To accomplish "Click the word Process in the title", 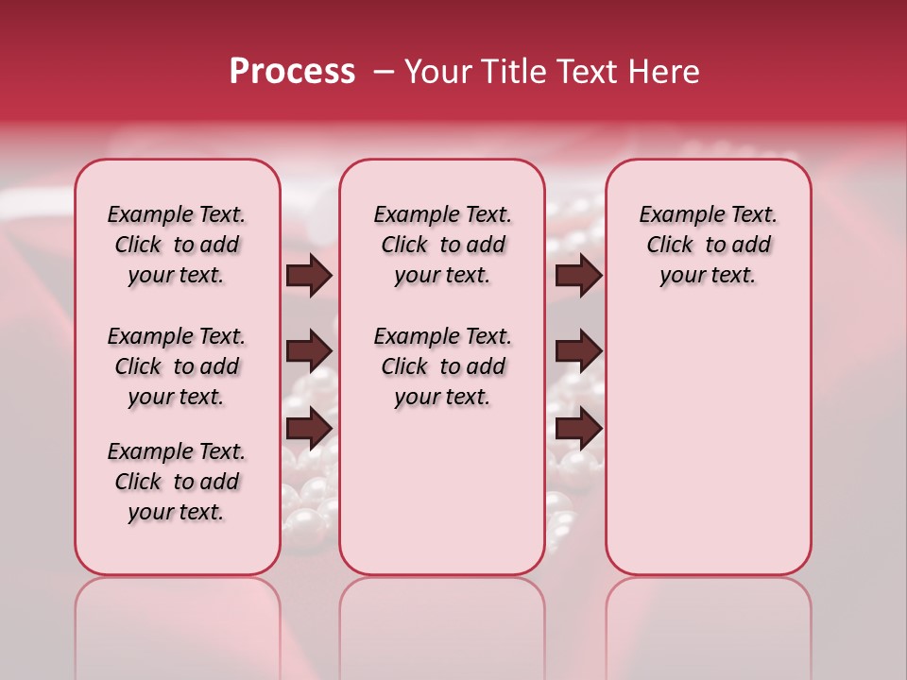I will click(x=292, y=71).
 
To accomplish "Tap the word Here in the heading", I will click(x=663, y=72).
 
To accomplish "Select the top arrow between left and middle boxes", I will click(x=309, y=275).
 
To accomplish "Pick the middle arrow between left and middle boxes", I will click(x=309, y=350).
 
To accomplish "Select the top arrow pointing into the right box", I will click(x=578, y=275).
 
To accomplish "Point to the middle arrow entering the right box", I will click(x=578, y=350).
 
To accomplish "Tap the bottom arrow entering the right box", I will click(x=578, y=429).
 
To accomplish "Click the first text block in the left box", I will click(x=177, y=245).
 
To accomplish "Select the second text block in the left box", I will click(x=177, y=366).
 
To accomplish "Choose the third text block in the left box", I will click(x=177, y=482).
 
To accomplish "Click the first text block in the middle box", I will click(x=442, y=245).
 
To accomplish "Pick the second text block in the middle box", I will click(x=442, y=366).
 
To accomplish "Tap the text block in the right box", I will click(x=708, y=245).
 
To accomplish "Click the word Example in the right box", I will click(x=676, y=215).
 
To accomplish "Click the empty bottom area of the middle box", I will click(x=442, y=501).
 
